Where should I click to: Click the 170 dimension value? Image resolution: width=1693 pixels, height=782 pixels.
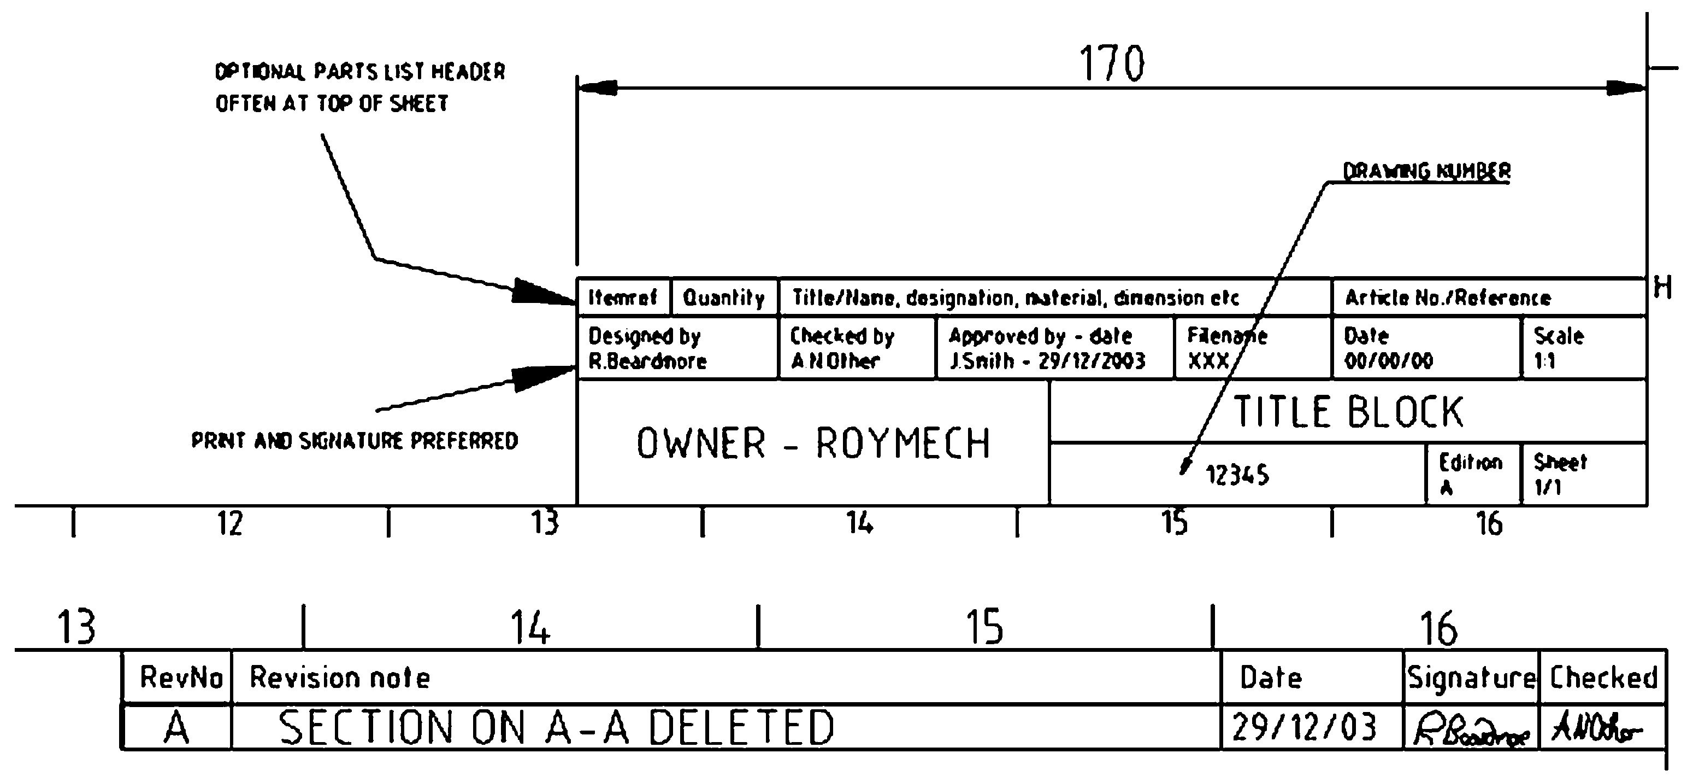pyautogui.click(x=1112, y=64)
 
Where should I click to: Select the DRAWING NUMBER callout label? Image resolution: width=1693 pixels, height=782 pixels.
pyautogui.click(x=1426, y=172)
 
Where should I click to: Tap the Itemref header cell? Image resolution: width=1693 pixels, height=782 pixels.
pyautogui.click(x=622, y=298)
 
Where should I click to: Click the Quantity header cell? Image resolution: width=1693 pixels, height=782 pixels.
pyautogui.click(x=724, y=298)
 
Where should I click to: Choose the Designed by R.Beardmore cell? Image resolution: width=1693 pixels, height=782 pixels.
pyautogui.click(x=677, y=348)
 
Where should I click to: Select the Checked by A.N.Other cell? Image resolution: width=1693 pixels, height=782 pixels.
pyautogui.click(x=856, y=348)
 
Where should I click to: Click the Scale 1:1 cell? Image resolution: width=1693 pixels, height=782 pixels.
pyautogui.click(x=1583, y=348)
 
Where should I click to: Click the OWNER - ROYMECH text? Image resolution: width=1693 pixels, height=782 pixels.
pyautogui.click(x=813, y=443)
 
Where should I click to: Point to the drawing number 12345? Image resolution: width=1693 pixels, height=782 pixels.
pyautogui.click(x=1237, y=475)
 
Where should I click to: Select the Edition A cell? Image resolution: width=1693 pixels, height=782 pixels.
pyautogui.click(x=1472, y=474)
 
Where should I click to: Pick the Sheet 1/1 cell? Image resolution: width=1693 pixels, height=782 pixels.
pyautogui.click(x=1583, y=474)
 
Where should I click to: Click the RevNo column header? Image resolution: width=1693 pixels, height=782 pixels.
pyautogui.click(x=181, y=678)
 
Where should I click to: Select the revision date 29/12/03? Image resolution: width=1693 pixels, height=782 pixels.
pyautogui.click(x=1304, y=727)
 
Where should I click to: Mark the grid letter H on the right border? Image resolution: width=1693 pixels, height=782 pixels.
pyautogui.click(x=1663, y=288)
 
